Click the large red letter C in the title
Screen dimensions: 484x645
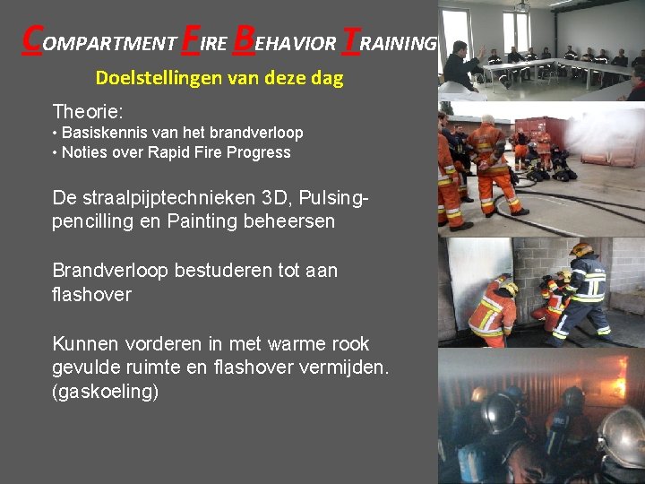pos(31,38)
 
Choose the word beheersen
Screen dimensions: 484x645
pos(290,220)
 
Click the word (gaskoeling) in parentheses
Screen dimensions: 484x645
pos(106,392)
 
